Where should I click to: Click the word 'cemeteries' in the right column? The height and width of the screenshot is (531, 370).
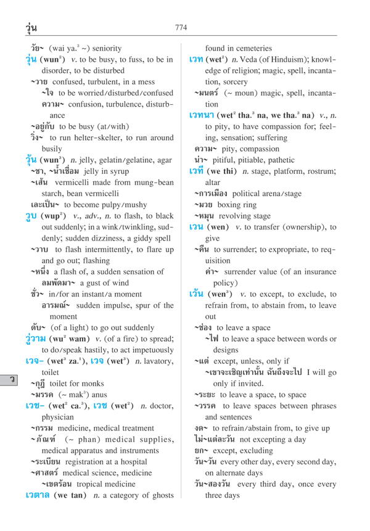250,48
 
